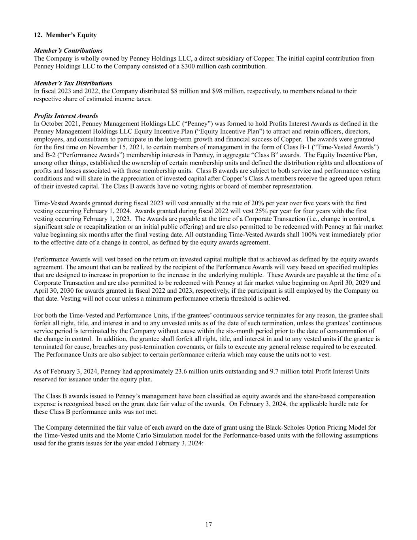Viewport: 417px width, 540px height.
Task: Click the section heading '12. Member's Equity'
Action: click(65, 35)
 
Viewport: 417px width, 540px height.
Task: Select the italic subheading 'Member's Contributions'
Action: click(68, 51)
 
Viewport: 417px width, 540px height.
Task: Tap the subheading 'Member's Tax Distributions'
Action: click(73, 83)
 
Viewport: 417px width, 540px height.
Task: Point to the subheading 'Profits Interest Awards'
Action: click(66, 116)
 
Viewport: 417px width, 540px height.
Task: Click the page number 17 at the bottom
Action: click(209, 525)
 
